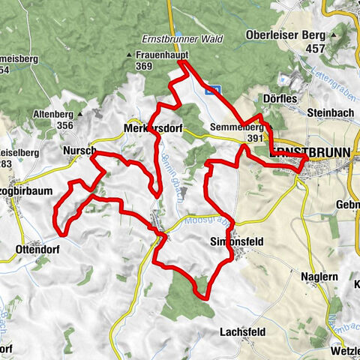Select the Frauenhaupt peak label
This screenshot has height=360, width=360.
[161, 55]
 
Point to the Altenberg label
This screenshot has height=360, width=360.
[52, 114]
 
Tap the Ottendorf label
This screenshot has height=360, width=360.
[36, 247]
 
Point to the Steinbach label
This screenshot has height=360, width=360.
[328, 113]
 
